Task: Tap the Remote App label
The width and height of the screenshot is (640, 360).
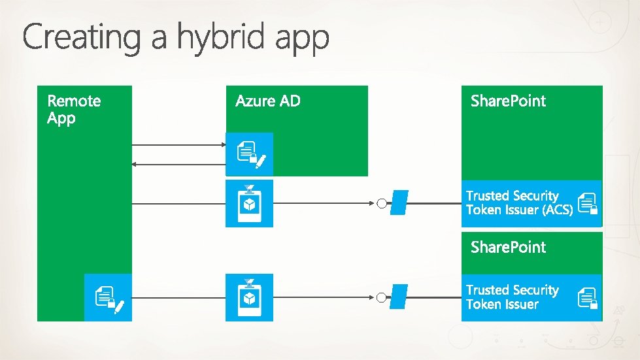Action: pos(74,109)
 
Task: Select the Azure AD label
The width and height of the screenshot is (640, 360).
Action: pos(267,101)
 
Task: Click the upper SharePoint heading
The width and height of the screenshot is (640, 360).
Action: pos(508,101)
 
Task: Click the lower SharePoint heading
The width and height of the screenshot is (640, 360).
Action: pos(508,247)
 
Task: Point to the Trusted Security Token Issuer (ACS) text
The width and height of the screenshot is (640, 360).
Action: pos(519,203)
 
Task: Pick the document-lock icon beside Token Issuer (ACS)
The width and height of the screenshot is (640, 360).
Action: pos(588,203)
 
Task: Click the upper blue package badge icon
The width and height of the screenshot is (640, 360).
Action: pos(249,203)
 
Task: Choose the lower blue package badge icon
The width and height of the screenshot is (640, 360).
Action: pos(249,298)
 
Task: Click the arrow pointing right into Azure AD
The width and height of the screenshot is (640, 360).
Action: pos(221,144)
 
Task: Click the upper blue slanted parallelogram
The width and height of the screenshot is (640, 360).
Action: pos(398,203)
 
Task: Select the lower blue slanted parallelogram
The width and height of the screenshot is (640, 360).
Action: pos(398,298)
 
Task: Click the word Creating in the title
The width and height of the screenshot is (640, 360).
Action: pos(82,39)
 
